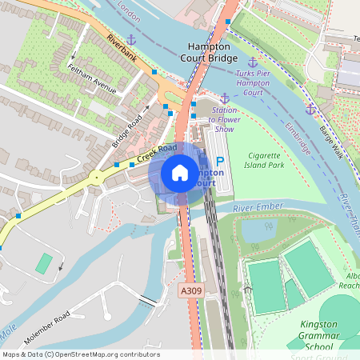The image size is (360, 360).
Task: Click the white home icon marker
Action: [180, 172]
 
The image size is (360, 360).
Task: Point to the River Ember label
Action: [258, 208]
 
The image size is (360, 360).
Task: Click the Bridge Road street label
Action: [126, 130]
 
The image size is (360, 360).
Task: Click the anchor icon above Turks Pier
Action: [253, 62]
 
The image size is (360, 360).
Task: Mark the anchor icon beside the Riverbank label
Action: [131, 38]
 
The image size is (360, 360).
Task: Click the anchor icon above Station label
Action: [225, 98]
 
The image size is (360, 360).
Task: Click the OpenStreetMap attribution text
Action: [80, 354]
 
